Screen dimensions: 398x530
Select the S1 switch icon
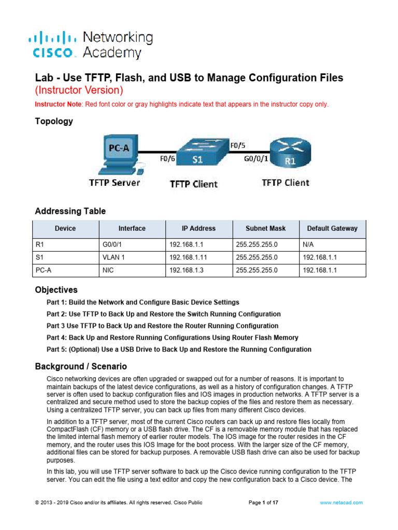pos(198,154)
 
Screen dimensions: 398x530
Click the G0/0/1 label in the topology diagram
pos(256,159)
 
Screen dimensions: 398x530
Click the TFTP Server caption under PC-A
pos(114,183)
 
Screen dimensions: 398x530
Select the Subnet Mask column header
pos(265,228)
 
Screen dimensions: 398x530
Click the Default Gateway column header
pos(332,228)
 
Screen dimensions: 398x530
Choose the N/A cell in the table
pos(308,242)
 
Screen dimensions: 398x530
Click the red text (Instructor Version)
pos(79,91)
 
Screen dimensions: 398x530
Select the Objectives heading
pos(56,290)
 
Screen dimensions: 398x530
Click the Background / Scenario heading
pos(81,366)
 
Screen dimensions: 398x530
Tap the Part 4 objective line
pos(173,337)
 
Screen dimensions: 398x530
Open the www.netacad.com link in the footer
pos(342,503)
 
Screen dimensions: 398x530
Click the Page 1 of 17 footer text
pos(264,503)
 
